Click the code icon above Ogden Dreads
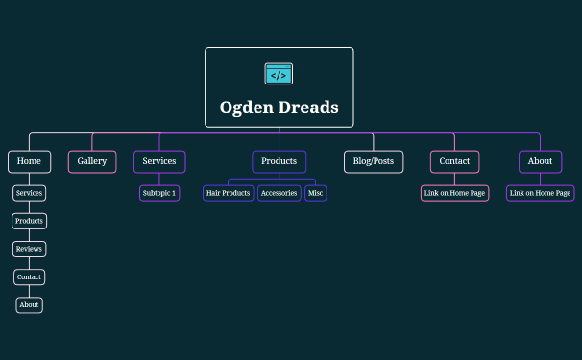tap(279, 74)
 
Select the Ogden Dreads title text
tap(279, 108)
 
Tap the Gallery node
tap(92, 161)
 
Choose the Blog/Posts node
tap(374, 161)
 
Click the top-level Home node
tap(29, 161)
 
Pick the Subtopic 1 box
tap(159, 193)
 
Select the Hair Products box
tap(229, 193)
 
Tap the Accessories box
tap(279, 193)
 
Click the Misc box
tap(316, 193)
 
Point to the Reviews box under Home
tap(29, 249)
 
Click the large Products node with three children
tap(279, 161)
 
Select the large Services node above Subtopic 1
tap(159, 161)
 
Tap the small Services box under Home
tap(29, 193)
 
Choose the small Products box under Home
tap(29, 221)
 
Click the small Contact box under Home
tap(29, 277)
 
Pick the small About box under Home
tap(29, 305)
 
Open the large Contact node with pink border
tap(454, 161)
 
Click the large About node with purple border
tap(540, 161)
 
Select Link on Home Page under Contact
tap(454, 193)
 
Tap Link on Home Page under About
tap(540, 193)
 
